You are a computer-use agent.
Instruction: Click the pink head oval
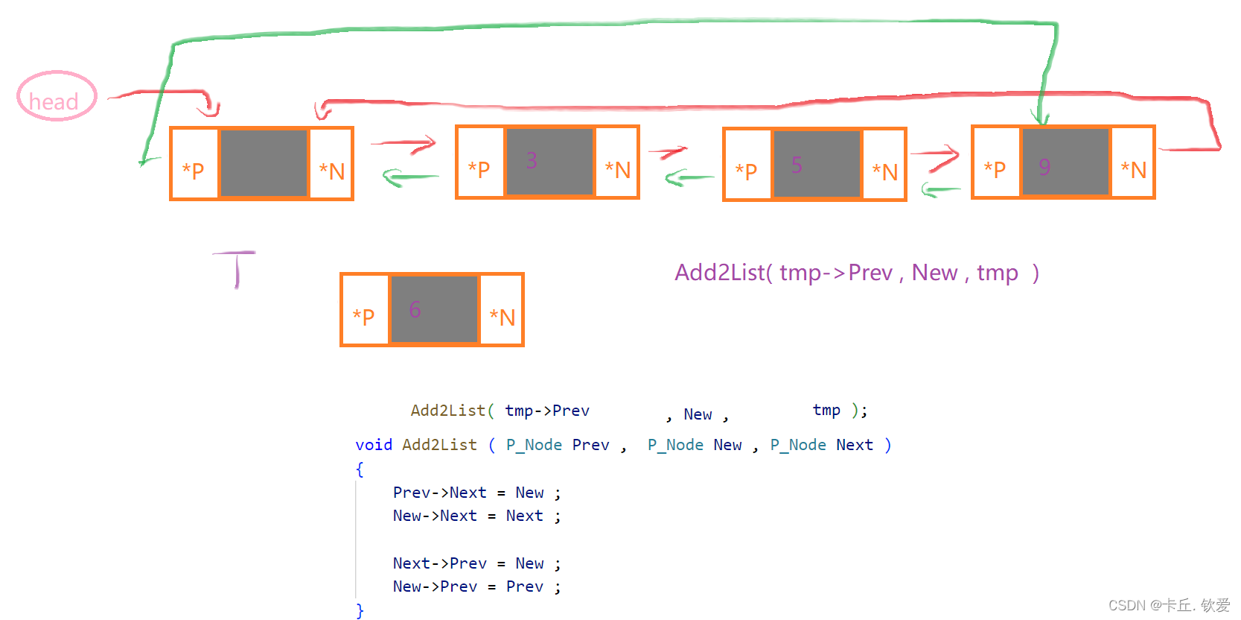coord(57,97)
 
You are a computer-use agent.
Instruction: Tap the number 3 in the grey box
coord(532,161)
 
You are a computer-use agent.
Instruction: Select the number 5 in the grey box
coord(797,165)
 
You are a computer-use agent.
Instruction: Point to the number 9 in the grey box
coord(1044,167)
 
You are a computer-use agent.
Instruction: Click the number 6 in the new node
coord(415,309)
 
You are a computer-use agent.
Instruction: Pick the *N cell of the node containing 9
coord(1133,170)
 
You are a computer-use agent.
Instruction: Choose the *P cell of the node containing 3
coord(479,169)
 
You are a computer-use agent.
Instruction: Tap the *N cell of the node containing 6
coord(502,317)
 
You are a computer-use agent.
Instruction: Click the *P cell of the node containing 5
coord(746,171)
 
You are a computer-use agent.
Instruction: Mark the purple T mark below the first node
coord(236,268)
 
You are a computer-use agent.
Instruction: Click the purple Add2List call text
coord(856,273)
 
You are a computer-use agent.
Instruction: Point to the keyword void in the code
coord(373,445)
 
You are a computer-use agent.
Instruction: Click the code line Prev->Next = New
coord(476,493)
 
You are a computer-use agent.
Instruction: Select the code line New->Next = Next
coord(476,516)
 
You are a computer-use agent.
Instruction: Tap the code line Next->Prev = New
coord(476,563)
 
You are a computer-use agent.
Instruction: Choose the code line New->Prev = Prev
coord(476,586)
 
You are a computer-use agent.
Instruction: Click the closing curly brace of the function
coord(360,610)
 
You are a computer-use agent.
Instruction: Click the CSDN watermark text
coord(1169,605)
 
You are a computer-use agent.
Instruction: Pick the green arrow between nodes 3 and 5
coord(689,177)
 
